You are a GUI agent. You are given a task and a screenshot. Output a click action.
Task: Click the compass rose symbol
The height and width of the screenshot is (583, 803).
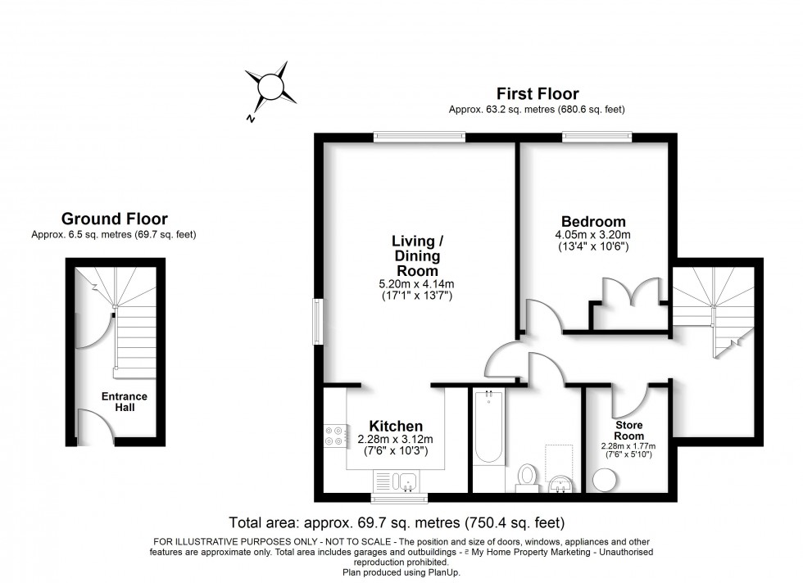pos(271,86)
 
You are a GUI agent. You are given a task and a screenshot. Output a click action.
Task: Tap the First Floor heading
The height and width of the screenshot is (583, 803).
pos(537,94)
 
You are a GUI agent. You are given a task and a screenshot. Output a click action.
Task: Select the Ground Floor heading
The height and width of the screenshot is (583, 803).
pos(115,219)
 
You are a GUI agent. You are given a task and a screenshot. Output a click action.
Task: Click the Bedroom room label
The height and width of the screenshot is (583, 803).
pos(593,221)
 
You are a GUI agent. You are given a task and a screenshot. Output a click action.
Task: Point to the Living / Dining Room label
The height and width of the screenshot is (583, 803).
pos(418,255)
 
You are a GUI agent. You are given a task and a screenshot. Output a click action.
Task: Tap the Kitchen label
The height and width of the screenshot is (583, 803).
pos(396,426)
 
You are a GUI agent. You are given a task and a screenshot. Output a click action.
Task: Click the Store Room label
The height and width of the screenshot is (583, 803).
pos(629,431)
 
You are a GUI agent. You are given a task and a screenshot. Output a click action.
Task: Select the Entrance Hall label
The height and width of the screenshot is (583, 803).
pos(125,402)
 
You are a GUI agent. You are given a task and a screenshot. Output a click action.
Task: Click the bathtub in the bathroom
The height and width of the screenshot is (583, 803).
pos(489,427)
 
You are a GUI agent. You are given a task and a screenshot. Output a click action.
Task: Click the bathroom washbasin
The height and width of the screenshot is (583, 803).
pos(562,483)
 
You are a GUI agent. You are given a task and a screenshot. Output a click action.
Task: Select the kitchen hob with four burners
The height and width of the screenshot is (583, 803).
pos(335,436)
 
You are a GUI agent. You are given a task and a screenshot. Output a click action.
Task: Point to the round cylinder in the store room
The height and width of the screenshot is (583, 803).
pos(604,480)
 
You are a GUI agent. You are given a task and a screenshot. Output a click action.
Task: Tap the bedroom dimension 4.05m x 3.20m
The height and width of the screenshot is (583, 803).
pos(592,235)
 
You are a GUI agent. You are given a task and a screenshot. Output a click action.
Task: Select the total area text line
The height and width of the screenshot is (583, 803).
pos(396,522)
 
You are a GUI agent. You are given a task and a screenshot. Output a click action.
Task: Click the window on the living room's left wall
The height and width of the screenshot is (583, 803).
pos(317,321)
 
